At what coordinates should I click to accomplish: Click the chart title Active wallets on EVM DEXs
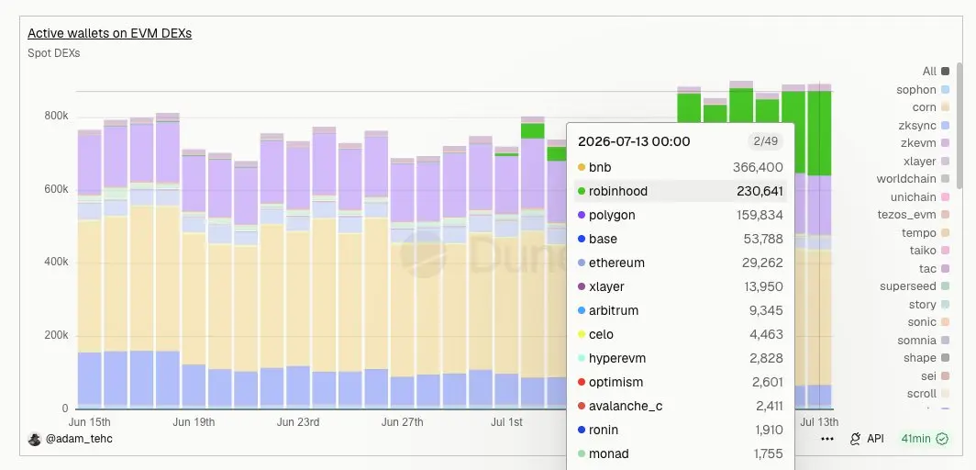tap(109, 33)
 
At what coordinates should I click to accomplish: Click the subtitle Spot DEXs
tap(53, 53)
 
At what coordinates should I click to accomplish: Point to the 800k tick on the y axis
tap(56, 116)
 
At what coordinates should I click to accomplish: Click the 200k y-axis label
tap(56, 335)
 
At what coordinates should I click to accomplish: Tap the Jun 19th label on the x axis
tap(194, 422)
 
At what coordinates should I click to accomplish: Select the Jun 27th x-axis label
tap(402, 422)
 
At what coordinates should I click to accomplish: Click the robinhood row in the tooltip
tap(681, 191)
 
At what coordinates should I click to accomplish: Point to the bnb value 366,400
tap(758, 167)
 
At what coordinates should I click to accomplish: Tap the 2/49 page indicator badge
tap(765, 141)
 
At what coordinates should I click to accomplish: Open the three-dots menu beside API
tap(827, 439)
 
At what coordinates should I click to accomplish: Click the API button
tap(867, 439)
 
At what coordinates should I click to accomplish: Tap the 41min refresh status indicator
tap(925, 439)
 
